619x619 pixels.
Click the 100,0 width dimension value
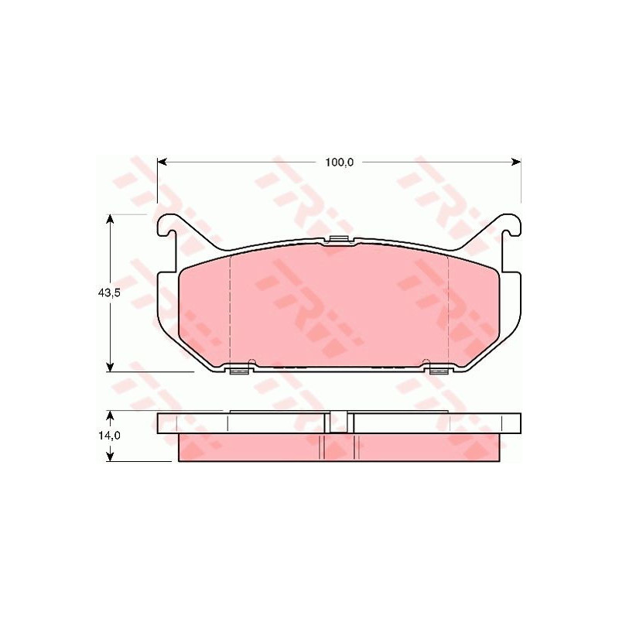point(339,162)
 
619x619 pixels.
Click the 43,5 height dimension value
point(109,293)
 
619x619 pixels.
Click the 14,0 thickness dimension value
point(109,436)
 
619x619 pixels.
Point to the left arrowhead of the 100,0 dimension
point(162,162)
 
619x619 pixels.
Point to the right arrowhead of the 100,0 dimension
point(516,162)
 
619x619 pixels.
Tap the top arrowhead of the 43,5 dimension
point(111,220)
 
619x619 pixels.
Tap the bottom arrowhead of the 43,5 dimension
point(111,366)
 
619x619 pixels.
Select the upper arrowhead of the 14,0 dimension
point(111,416)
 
